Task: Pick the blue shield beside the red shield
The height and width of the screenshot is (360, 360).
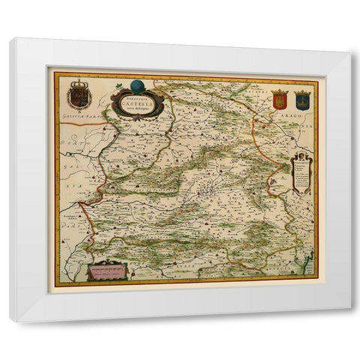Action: click(301, 100)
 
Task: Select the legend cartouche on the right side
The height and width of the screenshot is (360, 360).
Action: click(301, 174)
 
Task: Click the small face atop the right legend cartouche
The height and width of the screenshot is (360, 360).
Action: click(301, 154)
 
